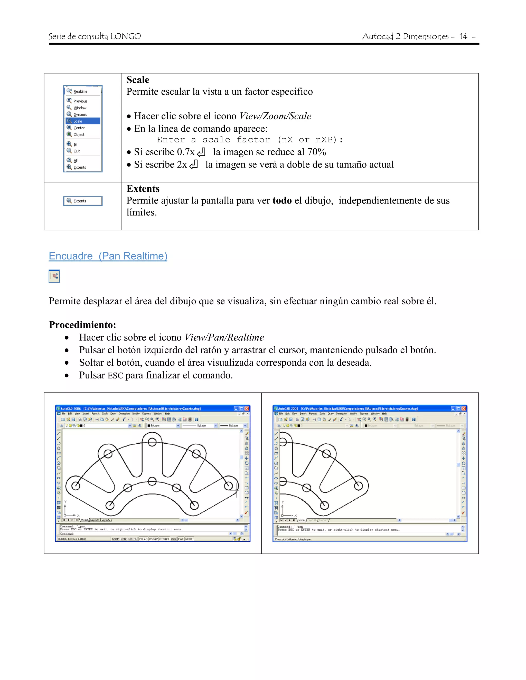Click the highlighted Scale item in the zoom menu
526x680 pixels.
[83, 121]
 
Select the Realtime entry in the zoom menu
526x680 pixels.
[80, 91]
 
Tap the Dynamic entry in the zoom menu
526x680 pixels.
[80, 115]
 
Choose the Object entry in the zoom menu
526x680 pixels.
[79, 134]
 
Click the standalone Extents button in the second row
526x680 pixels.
[83, 201]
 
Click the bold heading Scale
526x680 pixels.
[138, 80]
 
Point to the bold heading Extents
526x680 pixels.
[143, 189]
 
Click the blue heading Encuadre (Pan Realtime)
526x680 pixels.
[108, 256]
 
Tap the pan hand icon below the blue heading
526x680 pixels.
[54, 276]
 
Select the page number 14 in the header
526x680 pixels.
[463, 36]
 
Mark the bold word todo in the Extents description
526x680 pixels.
[282, 200]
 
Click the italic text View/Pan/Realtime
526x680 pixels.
[224, 337]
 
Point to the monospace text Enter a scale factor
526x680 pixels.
[213, 140]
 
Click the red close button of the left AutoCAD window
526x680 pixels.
[247, 409]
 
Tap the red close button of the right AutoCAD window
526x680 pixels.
[463, 409]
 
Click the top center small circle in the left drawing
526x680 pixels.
[152, 442]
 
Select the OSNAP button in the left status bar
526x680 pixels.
[153, 539]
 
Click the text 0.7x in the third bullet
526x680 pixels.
[186, 152]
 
